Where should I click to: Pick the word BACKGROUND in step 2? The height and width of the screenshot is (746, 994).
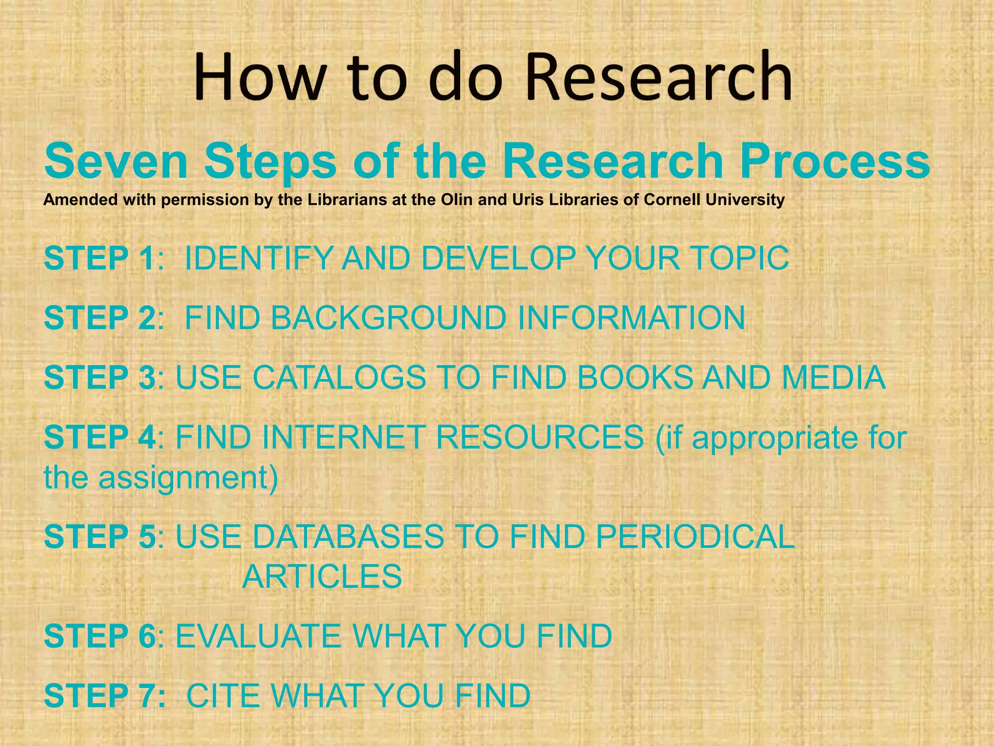(x=388, y=318)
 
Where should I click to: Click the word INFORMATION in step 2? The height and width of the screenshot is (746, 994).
(x=631, y=318)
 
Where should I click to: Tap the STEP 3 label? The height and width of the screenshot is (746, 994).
(x=99, y=377)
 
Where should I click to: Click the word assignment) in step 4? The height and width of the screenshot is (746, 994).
(x=188, y=478)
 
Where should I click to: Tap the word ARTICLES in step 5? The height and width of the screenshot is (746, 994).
(x=322, y=577)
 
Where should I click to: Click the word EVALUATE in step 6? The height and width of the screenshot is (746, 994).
(x=258, y=636)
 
